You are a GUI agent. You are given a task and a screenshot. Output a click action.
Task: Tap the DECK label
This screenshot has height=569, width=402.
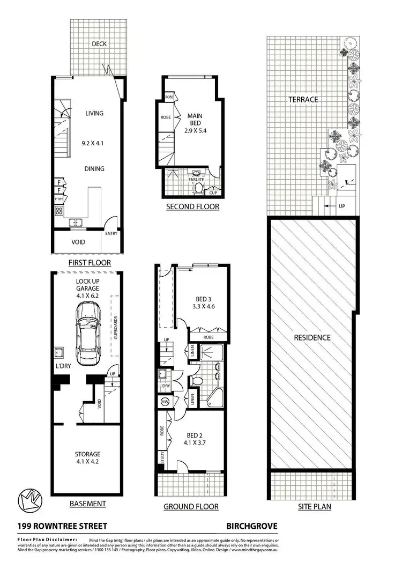pos(99,44)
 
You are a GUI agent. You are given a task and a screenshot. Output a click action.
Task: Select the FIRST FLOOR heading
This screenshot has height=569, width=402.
pos(89,263)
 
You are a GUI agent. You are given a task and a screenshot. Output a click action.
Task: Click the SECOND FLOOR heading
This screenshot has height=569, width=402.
pos(192,206)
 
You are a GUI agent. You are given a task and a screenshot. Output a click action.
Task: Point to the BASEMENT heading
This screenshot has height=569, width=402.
pos(88,504)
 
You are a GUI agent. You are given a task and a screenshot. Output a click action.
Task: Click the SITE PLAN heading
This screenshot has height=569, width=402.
pos(314,506)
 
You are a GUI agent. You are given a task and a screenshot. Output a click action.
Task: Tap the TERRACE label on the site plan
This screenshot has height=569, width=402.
pos(303,100)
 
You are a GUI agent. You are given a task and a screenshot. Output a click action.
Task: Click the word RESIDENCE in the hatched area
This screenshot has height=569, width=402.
pos(312,338)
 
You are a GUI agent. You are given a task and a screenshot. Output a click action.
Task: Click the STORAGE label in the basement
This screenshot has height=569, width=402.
pos(87,455)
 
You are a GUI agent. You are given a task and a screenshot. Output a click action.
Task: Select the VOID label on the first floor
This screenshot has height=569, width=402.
pos(78,242)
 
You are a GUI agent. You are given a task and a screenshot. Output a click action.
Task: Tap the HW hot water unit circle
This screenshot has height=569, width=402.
pos(165,402)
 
